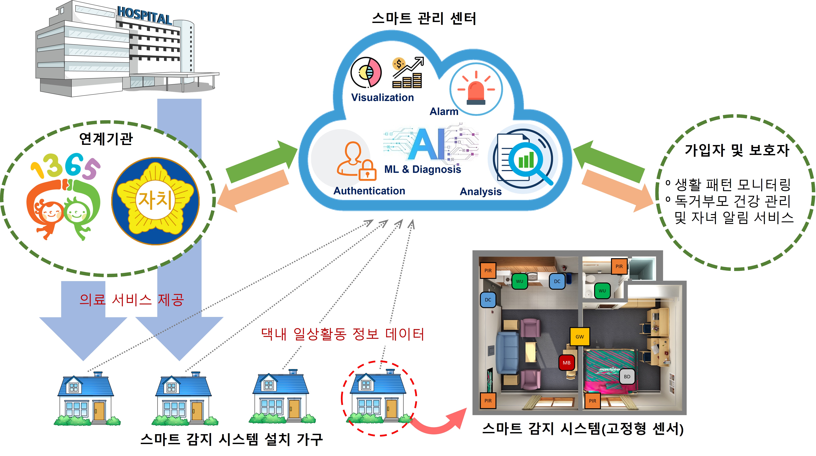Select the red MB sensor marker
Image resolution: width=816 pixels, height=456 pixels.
[x=567, y=363]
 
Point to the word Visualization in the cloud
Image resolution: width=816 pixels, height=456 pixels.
[x=382, y=97]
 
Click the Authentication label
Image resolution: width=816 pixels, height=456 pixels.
[x=369, y=191]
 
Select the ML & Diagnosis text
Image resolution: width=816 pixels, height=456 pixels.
[x=423, y=169]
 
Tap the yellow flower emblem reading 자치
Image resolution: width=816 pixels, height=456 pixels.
[x=155, y=201]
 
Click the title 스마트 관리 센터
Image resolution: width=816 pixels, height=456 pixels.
[x=424, y=18]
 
